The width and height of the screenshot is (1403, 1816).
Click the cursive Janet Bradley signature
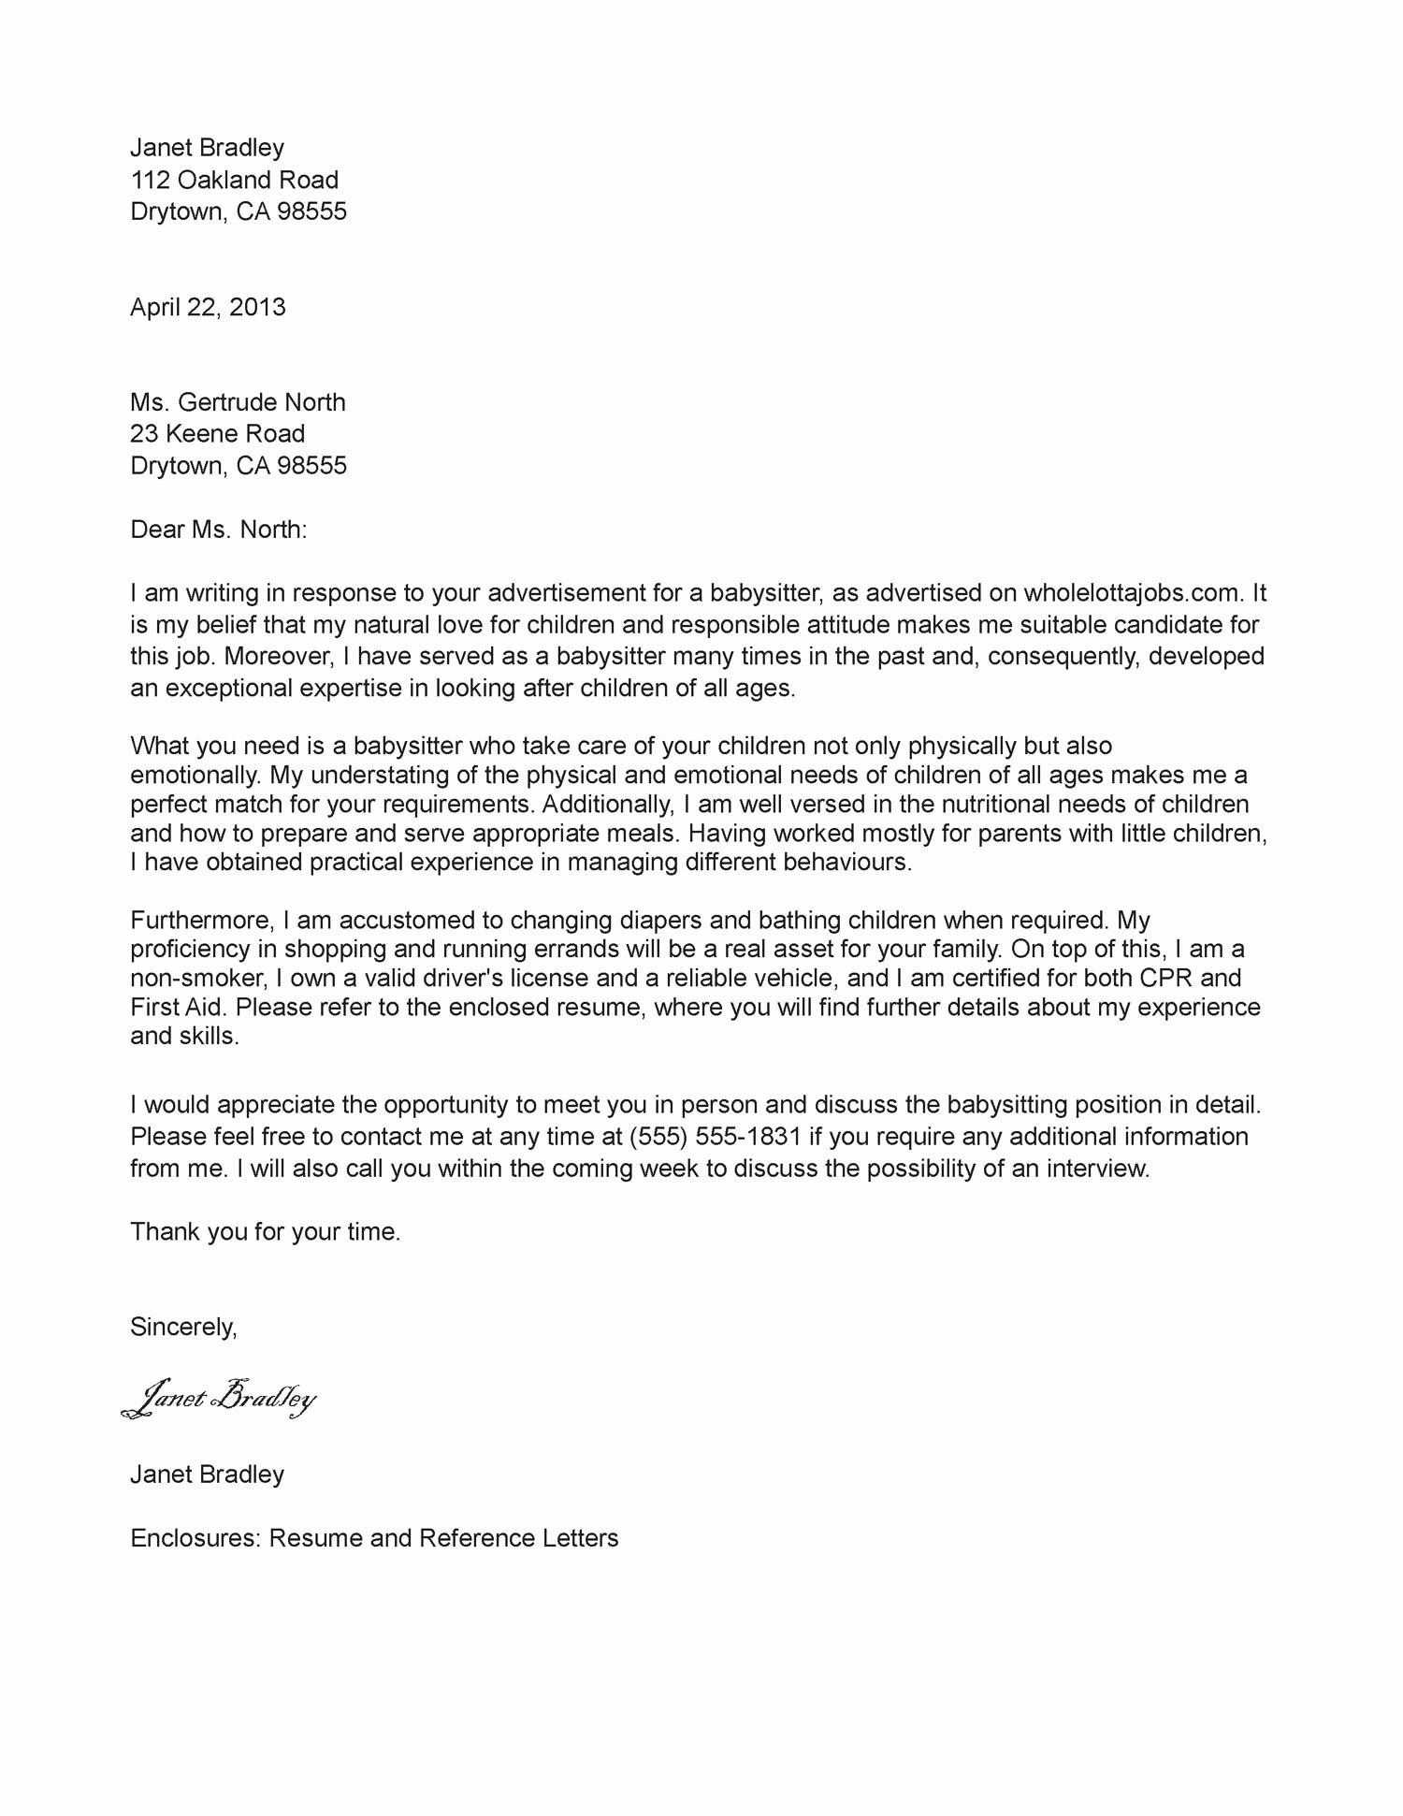point(220,1398)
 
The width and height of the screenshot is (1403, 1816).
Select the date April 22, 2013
point(208,307)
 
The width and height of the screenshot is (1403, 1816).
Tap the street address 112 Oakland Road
point(234,180)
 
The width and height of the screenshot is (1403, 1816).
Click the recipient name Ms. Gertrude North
point(238,402)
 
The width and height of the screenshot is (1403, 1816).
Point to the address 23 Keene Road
point(217,434)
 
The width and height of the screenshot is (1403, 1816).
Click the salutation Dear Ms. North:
point(218,530)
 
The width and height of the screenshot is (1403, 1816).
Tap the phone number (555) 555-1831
point(716,1137)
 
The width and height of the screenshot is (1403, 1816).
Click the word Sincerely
point(183,1327)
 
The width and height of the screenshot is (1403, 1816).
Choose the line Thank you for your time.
point(265,1232)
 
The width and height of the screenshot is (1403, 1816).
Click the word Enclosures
point(195,1538)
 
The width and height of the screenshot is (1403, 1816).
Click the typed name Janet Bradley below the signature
point(207,1475)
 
